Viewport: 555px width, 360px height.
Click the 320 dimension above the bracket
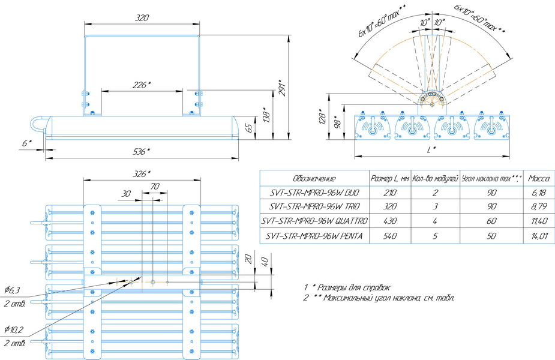[142, 17]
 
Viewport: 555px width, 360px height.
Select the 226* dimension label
[142, 85]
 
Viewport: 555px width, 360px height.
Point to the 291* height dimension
[283, 88]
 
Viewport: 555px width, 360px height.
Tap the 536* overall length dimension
[142, 152]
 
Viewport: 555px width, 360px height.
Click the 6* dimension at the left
[27, 143]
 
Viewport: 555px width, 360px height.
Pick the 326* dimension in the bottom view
[142, 174]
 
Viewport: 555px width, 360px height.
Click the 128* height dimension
[322, 117]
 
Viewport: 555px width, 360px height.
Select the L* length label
[431, 150]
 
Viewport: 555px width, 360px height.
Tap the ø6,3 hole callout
[12, 290]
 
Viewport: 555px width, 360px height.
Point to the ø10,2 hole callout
[13, 330]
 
